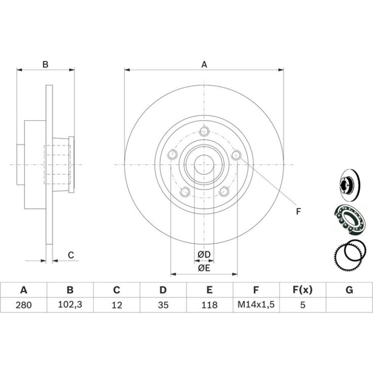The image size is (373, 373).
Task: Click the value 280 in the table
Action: tap(24, 305)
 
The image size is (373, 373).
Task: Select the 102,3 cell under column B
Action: tap(70, 304)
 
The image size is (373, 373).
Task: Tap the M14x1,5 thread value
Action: tap(256, 304)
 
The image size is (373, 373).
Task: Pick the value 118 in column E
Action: tap(209, 305)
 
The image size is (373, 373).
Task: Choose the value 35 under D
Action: tap(163, 305)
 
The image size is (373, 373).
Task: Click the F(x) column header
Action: tap(302, 290)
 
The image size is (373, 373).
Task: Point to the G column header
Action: tap(349, 290)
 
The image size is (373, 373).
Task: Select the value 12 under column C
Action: tap(117, 305)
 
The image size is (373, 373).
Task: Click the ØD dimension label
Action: tap(204, 254)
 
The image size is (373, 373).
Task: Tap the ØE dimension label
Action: tap(204, 268)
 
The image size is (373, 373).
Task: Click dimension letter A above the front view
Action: tap(204, 64)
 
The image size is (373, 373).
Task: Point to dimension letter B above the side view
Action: tap(45, 64)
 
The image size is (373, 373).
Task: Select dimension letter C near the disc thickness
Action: tap(71, 255)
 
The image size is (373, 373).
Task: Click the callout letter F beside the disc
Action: tap(298, 212)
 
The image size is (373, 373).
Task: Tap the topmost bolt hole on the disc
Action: tap(204, 131)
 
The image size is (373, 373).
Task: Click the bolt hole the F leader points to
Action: tap(236, 155)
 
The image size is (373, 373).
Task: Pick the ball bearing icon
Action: tap(350, 220)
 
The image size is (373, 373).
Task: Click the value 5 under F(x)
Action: tap(302, 305)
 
